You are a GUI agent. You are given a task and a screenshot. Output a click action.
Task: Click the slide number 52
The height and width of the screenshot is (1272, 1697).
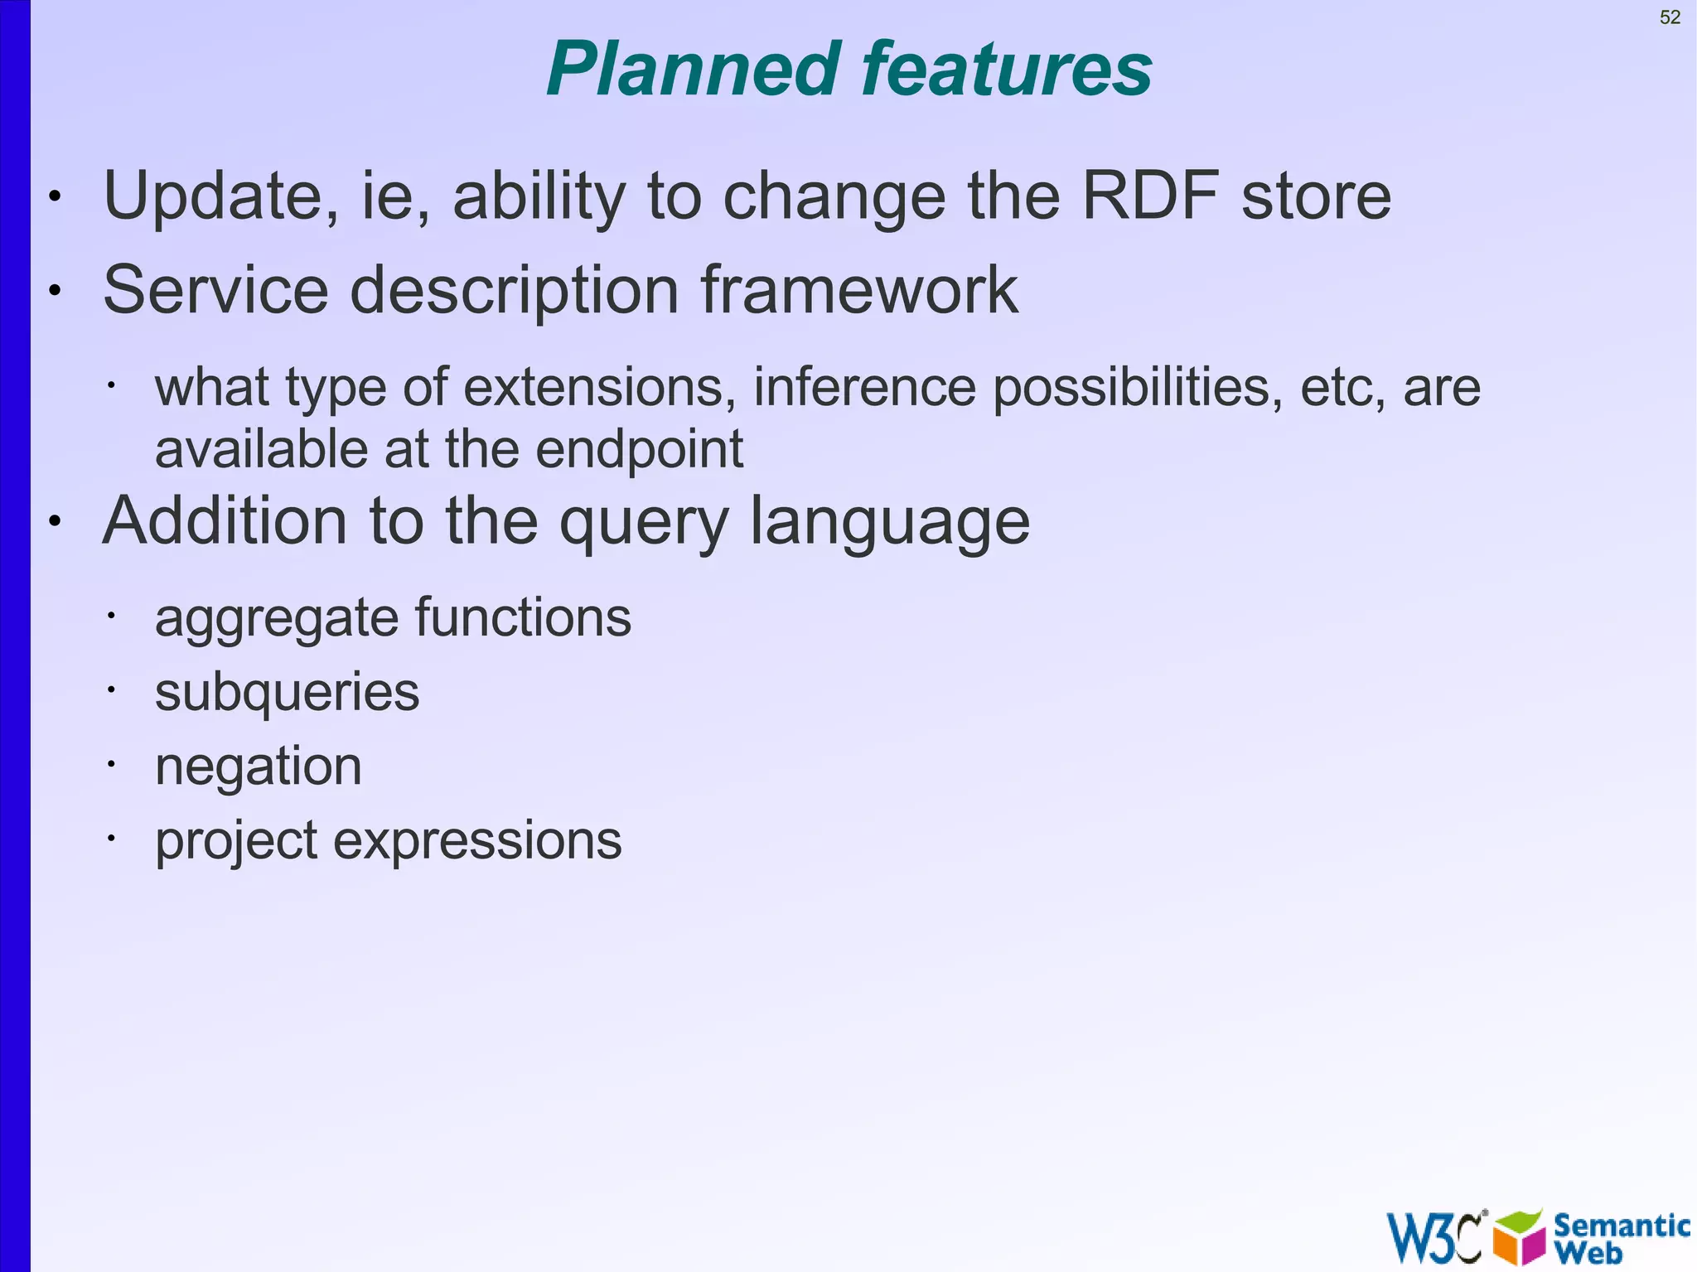tap(1670, 17)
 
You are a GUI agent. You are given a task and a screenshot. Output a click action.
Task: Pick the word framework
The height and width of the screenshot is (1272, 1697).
tap(859, 290)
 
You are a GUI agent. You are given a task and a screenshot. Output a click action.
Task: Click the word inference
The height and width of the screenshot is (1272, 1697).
tap(864, 387)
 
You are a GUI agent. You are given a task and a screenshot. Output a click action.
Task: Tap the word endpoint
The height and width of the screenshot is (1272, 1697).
tap(639, 450)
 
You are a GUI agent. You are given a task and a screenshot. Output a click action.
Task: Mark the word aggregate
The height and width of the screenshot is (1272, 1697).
tap(278, 619)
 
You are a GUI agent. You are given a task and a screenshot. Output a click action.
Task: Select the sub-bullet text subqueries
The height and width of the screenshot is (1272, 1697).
tap(287, 693)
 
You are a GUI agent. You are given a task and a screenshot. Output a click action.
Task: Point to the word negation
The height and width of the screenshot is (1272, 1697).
tap(259, 767)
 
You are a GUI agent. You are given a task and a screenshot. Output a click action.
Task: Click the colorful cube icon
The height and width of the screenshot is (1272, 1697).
tap(1520, 1237)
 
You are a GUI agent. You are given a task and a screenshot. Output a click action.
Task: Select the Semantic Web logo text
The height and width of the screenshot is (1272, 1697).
tap(1620, 1237)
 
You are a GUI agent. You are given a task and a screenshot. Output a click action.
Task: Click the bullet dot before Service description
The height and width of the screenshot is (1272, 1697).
tap(55, 291)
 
